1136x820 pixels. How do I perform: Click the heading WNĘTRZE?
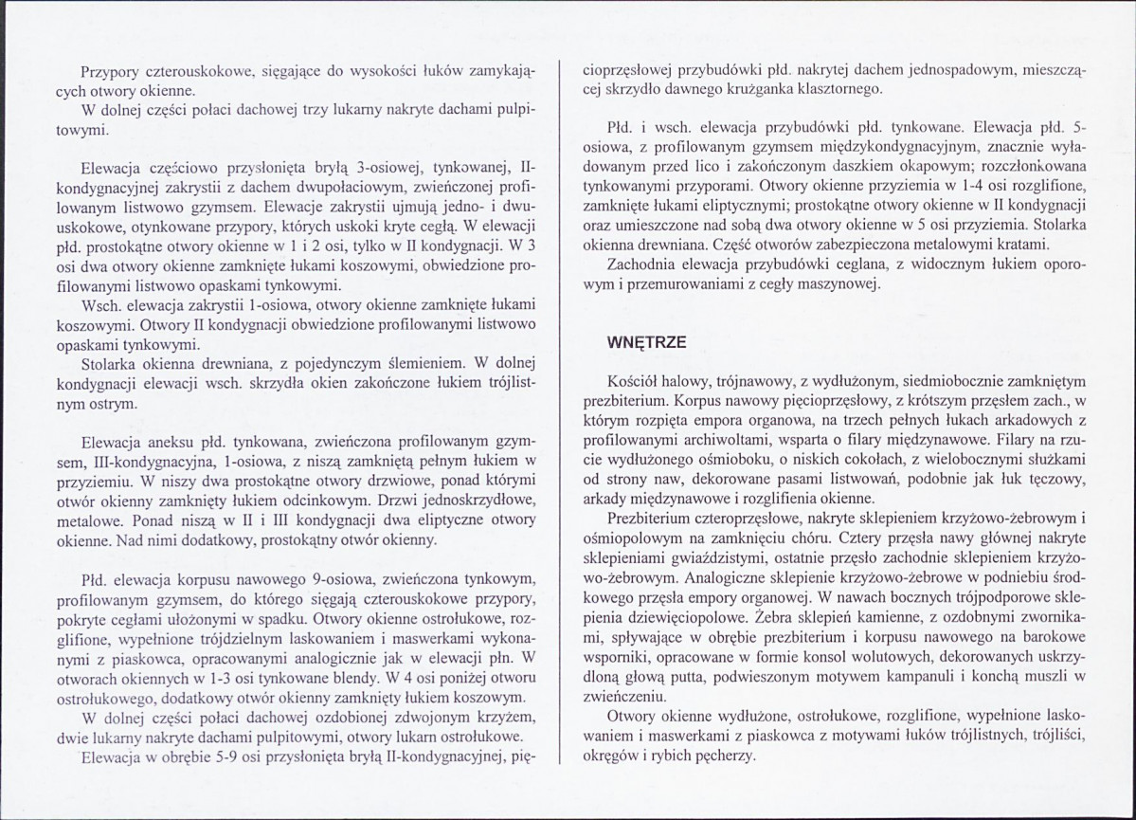[647, 340]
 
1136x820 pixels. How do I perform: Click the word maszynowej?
[842, 285]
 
